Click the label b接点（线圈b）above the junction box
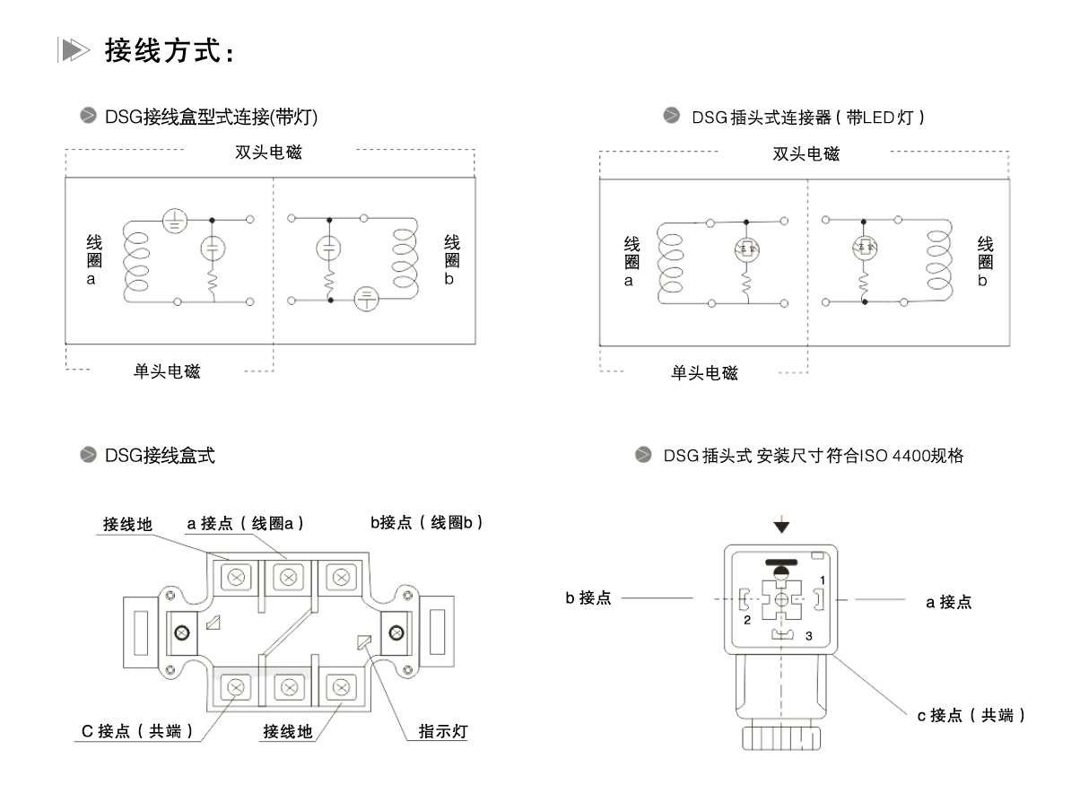point(427,522)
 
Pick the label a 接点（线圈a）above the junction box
point(246,522)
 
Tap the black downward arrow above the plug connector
point(782,525)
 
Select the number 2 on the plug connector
point(745,619)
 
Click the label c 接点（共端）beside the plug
point(971,715)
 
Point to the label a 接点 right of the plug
point(948,602)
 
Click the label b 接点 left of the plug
point(588,598)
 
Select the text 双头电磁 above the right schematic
point(806,154)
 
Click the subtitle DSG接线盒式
point(159,456)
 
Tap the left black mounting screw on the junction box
point(183,633)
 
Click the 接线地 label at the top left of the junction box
point(127,524)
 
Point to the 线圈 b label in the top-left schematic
point(452,260)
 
